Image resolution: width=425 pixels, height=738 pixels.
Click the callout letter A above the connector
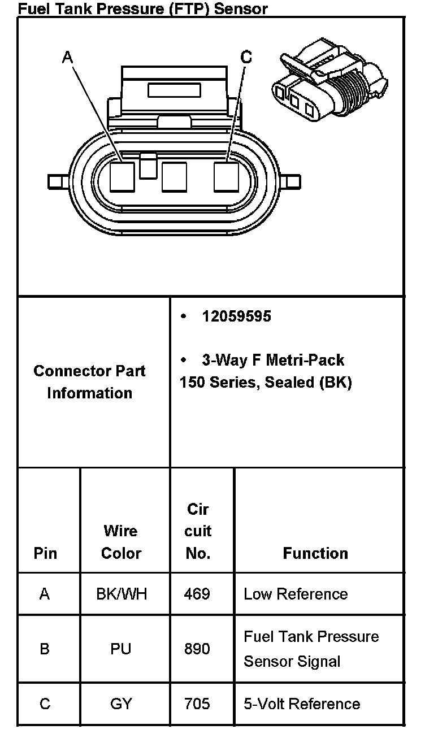click(68, 57)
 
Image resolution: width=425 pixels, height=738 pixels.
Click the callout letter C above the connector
click(246, 57)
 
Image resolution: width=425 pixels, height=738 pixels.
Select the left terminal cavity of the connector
click(122, 176)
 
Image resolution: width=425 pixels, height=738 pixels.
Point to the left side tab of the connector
click(56, 182)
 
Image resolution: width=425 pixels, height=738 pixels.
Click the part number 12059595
click(236, 316)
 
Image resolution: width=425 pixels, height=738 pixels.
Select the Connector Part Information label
click(89, 382)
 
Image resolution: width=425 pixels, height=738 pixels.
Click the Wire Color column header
click(121, 542)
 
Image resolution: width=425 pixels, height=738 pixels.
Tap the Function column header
click(315, 553)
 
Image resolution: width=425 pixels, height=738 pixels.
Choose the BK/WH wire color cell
click(121, 594)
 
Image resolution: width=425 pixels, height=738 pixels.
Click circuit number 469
click(197, 594)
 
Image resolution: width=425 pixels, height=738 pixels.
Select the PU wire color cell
click(121, 649)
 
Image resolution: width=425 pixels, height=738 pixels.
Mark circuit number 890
click(197, 649)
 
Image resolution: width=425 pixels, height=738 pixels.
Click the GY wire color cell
click(121, 704)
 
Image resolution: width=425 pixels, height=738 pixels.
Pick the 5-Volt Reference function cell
click(302, 704)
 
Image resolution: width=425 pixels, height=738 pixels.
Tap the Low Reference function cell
click(296, 594)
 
